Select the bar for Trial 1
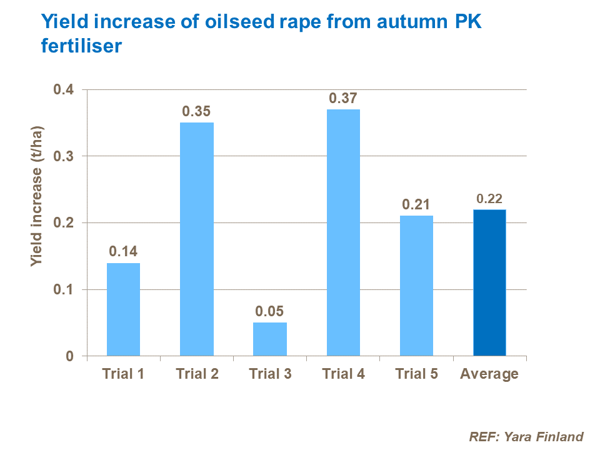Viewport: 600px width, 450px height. coord(123,309)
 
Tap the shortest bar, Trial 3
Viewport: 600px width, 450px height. coord(270,339)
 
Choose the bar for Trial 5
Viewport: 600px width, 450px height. coord(416,286)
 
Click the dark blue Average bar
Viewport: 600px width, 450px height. coord(489,282)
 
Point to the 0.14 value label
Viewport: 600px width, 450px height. coord(123,252)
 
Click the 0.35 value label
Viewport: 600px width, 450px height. coord(197,111)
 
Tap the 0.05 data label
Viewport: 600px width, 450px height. coord(270,311)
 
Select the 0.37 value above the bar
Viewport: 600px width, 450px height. coord(343,98)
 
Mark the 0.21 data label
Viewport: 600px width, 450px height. coord(416,204)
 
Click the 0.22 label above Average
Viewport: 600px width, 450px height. coord(489,199)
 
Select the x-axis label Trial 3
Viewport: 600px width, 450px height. coord(270,374)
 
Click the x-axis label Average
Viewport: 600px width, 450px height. coord(489,374)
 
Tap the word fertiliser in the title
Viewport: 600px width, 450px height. coord(80,46)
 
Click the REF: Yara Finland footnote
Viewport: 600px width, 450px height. coord(526,437)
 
